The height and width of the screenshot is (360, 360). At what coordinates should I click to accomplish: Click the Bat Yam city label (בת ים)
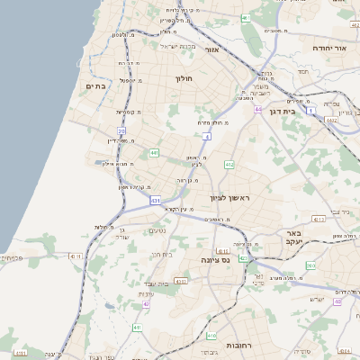96,85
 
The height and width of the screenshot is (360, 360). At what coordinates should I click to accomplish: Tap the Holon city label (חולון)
184,79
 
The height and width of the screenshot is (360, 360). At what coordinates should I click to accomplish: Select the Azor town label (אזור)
213,50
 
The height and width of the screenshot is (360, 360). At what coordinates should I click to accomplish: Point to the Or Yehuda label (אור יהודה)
323,47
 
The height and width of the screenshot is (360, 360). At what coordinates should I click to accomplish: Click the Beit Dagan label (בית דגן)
282,112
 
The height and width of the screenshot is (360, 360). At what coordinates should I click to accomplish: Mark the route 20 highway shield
121,130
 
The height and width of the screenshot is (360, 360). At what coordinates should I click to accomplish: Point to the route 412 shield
229,165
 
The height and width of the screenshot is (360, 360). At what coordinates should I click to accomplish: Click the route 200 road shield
310,265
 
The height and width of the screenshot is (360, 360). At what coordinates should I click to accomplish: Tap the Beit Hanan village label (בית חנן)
158,255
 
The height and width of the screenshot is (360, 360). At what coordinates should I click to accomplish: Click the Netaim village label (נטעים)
155,231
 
